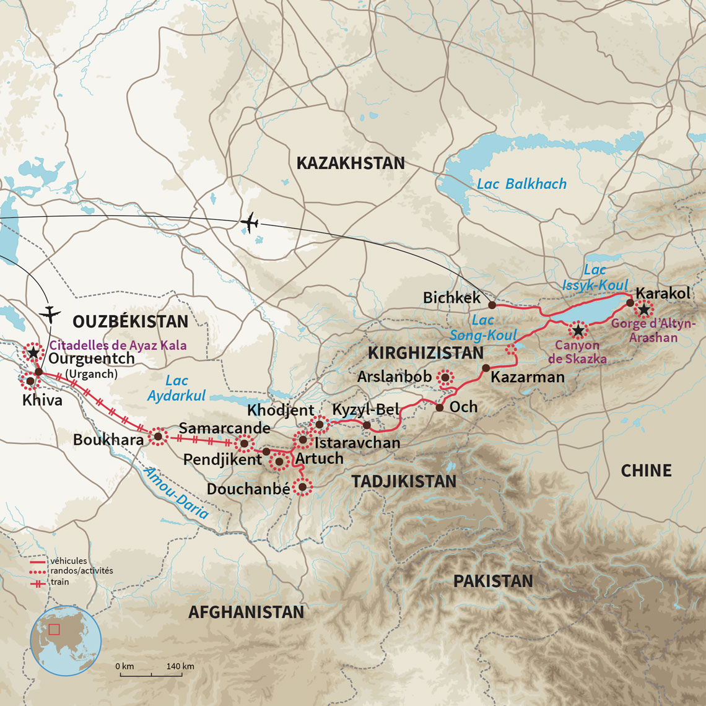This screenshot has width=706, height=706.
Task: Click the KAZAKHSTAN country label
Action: tap(351, 163)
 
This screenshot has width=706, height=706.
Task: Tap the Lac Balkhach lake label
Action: tap(521, 184)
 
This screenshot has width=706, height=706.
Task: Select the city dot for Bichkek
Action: tap(492, 305)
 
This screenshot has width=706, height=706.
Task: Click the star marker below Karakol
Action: tap(645, 310)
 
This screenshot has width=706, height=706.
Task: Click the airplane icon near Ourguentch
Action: tap(50, 314)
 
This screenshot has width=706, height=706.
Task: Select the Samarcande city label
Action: tap(224, 428)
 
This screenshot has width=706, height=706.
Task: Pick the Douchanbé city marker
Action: tap(302, 487)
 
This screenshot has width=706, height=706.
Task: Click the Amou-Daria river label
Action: tap(176, 493)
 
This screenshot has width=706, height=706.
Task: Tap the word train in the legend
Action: tap(60, 582)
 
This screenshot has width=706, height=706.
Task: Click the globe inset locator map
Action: tap(66, 641)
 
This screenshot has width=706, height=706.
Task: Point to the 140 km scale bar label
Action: tap(180, 666)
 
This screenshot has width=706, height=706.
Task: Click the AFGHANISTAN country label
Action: tap(246, 612)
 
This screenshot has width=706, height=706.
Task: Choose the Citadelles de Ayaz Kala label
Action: tap(118, 346)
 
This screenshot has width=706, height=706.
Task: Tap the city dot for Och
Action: tap(439, 407)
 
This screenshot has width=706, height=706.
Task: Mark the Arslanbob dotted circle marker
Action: tap(445, 377)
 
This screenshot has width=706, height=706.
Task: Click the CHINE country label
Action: tap(646, 471)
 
